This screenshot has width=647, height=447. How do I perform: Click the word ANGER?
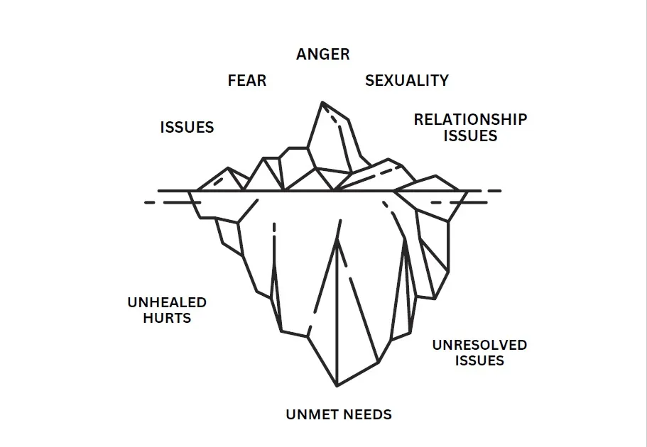click(x=323, y=55)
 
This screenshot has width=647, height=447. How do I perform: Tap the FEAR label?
click(x=247, y=80)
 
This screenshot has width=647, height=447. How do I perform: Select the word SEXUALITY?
click(x=407, y=80)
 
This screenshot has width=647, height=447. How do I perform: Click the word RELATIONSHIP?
click(x=470, y=119)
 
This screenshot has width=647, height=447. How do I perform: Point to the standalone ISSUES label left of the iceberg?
click(x=187, y=128)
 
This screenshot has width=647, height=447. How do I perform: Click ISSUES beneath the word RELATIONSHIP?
click(x=470, y=136)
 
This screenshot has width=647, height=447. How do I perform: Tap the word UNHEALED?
click(x=167, y=302)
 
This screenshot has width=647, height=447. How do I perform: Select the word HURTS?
click(x=167, y=318)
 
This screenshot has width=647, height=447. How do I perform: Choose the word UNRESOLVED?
click(x=479, y=346)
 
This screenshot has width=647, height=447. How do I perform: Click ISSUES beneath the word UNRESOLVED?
click(x=479, y=361)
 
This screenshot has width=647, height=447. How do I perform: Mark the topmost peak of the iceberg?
click(x=322, y=102)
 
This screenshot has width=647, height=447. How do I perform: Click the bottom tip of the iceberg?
click(x=337, y=386)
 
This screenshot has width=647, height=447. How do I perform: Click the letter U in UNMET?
click(x=291, y=414)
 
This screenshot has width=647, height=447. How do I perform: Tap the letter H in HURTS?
click(x=148, y=318)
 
